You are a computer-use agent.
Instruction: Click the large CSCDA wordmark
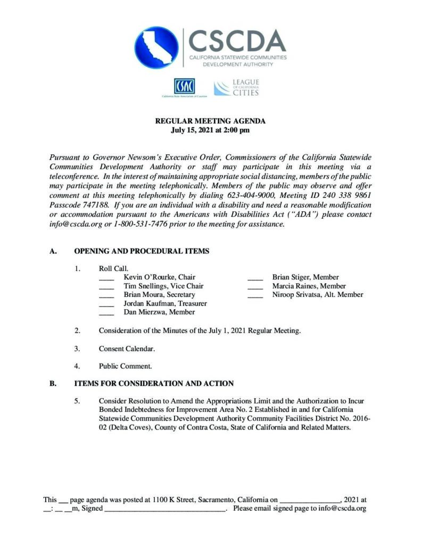237,40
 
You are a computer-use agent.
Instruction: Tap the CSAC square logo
184,86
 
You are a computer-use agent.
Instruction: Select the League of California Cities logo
236,88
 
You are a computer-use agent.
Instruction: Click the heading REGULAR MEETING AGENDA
210,121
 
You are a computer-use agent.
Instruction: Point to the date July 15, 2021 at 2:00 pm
210,130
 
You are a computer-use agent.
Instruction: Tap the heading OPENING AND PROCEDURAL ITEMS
142,251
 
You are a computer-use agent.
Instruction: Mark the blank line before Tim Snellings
106,287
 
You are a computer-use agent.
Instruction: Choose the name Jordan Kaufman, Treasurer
165,303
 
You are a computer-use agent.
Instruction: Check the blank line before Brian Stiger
255,278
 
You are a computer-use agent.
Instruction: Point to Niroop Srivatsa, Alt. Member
318,294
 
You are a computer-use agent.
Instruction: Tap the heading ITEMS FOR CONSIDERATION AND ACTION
153,383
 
